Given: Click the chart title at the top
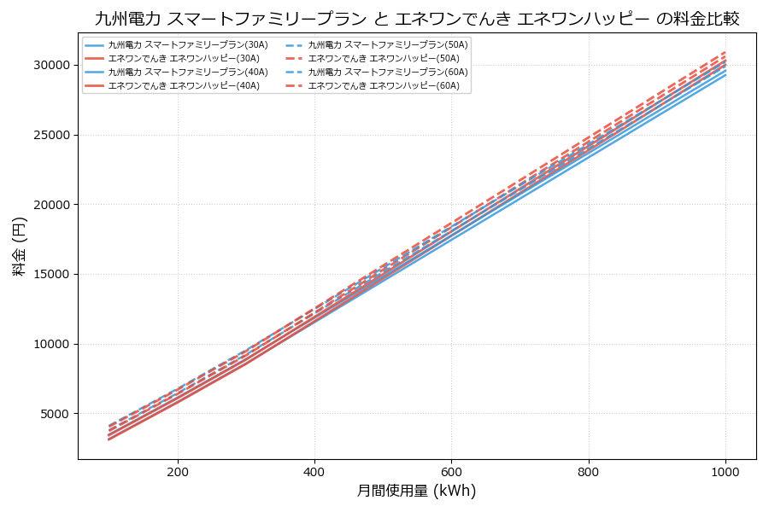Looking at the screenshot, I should (416, 19).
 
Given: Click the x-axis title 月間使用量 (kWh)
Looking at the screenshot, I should (416, 491).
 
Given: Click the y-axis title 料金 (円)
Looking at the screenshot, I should (19, 246).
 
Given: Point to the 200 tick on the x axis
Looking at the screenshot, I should (178, 471).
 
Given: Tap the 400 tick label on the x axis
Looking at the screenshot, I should (314, 471).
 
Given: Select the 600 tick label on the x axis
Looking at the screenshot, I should (451, 471).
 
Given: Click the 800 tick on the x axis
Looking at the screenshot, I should (589, 471).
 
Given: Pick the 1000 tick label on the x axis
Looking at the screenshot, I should (725, 471).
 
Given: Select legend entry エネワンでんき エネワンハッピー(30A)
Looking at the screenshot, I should (184, 58).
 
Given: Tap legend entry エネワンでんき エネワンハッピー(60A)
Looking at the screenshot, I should (384, 85).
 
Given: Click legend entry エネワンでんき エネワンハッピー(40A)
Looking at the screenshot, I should (184, 85).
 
